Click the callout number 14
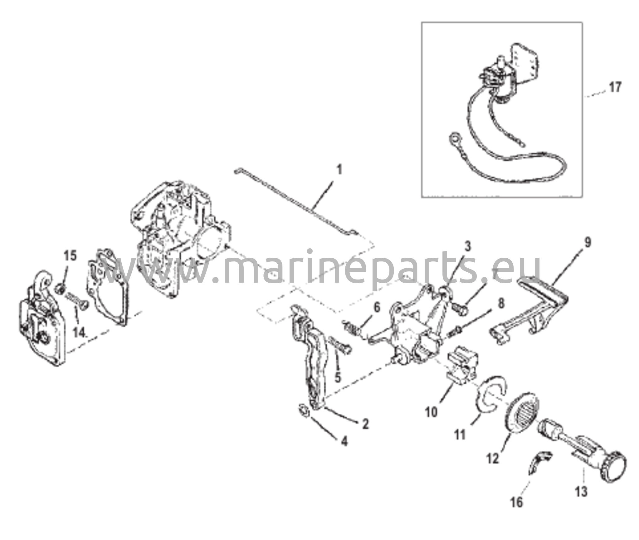(80, 333)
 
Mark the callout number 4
(344, 441)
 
